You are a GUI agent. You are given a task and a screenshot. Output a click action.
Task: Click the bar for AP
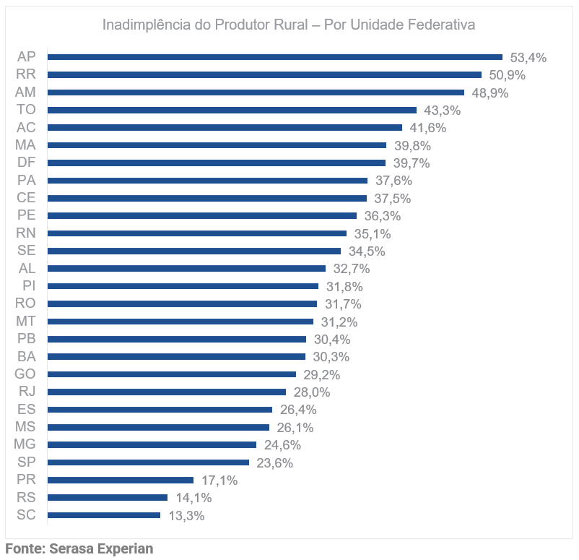tap(274, 56)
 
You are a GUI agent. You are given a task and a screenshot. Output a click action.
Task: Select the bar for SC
tap(104, 515)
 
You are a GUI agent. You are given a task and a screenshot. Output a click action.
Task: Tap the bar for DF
tap(217, 163)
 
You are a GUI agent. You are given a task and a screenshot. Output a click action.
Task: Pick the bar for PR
tap(121, 480)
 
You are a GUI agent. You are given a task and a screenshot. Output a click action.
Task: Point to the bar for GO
tap(172, 374)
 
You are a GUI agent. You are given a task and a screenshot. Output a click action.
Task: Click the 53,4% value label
tap(528, 57)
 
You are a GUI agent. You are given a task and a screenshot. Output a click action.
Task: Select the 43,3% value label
tap(442, 110)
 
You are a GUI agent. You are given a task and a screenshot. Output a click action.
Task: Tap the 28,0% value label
tap(312, 392)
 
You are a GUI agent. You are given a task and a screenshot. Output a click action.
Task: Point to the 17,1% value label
tap(219, 481)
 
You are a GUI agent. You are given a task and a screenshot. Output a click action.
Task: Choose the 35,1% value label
tap(372, 233)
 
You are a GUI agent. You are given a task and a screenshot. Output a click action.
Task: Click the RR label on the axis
tap(26, 74)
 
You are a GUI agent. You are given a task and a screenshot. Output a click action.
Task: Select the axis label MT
tap(26, 321)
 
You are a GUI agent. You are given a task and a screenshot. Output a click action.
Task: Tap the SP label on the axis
tap(26, 462)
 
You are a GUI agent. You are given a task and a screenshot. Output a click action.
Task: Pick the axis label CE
tap(26, 198)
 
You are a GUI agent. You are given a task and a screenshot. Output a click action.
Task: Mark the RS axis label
tap(26, 497)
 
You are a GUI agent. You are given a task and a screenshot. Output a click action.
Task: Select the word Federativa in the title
tap(439, 25)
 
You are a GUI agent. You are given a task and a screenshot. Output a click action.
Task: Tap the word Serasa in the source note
tap(71, 548)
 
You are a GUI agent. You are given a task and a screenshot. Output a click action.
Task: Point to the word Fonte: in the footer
tap(25, 548)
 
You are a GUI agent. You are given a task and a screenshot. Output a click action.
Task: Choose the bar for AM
tap(256, 92)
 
